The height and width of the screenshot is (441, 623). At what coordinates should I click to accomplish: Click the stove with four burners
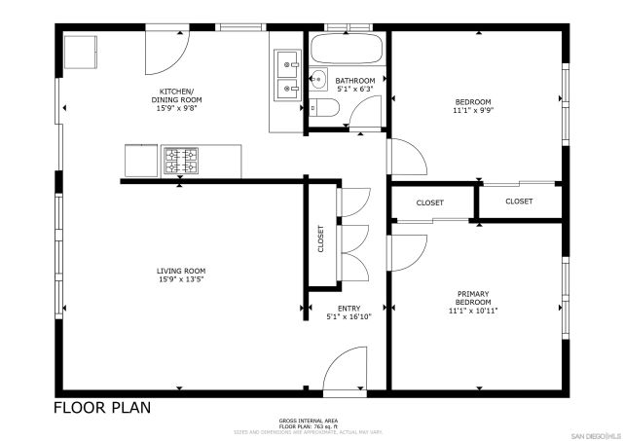pyautogui.click(x=180, y=161)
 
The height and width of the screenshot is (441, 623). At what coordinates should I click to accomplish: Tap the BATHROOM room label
pyautogui.click(x=355, y=81)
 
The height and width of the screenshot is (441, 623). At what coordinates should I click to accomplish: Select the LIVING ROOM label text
pyautogui.click(x=181, y=271)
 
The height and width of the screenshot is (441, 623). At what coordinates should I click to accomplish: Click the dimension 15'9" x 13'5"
pyautogui.click(x=181, y=280)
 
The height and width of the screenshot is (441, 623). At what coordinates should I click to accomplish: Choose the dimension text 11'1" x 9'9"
pyautogui.click(x=473, y=111)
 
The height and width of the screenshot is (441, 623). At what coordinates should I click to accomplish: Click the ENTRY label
pyautogui.click(x=348, y=309)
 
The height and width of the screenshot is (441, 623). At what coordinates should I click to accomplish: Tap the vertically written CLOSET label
pyautogui.click(x=320, y=239)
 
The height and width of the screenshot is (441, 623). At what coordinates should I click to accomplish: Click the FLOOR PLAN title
pyautogui.click(x=102, y=408)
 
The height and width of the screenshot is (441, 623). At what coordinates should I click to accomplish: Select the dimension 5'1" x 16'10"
pyautogui.click(x=348, y=317)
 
